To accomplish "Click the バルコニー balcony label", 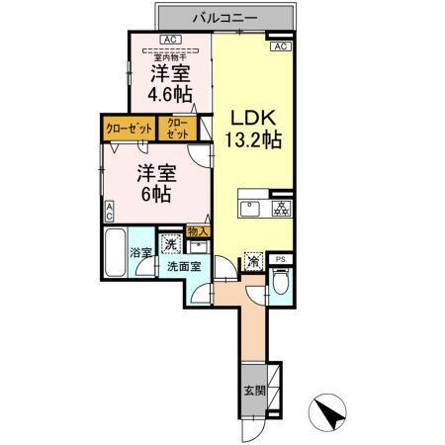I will (226, 18).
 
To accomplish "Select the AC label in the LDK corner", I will (280, 46).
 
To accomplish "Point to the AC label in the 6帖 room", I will (110, 211).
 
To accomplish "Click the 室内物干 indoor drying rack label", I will (170, 56).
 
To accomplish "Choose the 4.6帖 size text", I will (170, 94).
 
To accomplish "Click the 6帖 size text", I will (156, 194).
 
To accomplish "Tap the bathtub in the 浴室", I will (116, 252).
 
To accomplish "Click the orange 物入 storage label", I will (197, 230).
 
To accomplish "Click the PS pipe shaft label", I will (281, 260).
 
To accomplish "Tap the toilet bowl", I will (281, 285).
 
